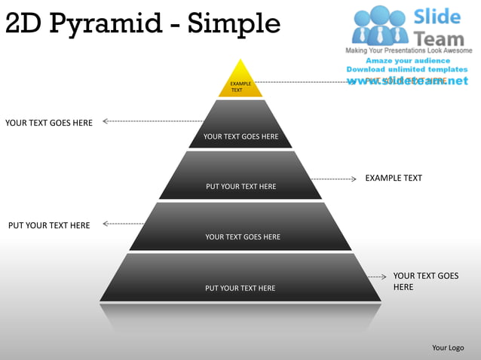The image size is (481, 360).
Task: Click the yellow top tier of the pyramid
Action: click(x=240, y=81)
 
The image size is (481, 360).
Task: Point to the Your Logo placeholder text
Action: click(x=448, y=348)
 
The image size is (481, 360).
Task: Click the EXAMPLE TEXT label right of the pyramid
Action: click(x=394, y=178)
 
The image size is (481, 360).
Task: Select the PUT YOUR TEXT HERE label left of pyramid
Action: click(x=49, y=225)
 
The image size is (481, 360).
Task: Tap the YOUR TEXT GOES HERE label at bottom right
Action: click(x=425, y=282)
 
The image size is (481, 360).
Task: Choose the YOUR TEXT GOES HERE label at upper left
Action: click(x=49, y=123)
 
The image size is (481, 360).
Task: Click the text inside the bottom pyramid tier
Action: click(x=240, y=288)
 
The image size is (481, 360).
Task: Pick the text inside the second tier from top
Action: click(x=240, y=136)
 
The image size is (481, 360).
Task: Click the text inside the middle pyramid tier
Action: click(x=240, y=186)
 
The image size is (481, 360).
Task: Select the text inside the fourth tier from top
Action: click(x=242, y=236)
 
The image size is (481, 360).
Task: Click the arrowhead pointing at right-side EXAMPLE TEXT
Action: click(x=353, y=179)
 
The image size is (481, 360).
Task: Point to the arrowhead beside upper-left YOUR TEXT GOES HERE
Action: click(x=106, y=121)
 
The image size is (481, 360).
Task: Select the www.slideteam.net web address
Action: click(x=407, y=81)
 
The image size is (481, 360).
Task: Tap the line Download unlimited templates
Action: click(x=407, y=69)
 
